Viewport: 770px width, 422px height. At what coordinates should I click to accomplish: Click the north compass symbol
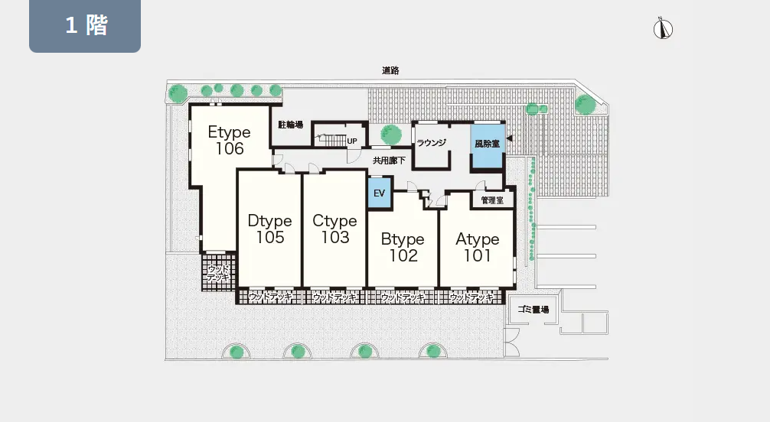pyautogui.click(x=663, y=28)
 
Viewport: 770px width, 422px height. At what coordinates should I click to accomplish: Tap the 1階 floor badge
pyautogui.click(x=85, y=25)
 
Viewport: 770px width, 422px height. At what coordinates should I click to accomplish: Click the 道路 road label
pyautogui.click(x=390, y=70)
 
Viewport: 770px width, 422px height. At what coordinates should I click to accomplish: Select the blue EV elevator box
pyautogui.click(x=379, y=193)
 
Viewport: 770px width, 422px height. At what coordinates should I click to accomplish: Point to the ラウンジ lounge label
pyautogui.click(x=431, y=143)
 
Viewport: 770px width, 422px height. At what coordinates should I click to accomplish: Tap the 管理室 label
pyautogui.click(x=492, y=200)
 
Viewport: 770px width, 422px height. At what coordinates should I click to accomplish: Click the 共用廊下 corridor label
pyautogui.click(x=389, y=161)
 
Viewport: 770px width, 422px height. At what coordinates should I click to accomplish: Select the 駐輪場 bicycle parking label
pyautogui.click(x=290, y=125)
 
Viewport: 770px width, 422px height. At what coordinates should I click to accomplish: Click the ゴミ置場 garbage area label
pyautogui.click(x=533, y=310)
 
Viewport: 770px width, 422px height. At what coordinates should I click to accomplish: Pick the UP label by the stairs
pyautogui.click(x=352, y=141)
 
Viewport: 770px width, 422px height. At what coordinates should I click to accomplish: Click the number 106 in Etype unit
pyautogui.click(x=230, y=148)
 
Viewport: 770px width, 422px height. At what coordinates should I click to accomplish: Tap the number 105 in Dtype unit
pyautogui.click(x=270, y=238)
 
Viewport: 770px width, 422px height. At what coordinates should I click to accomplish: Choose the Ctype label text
pyautogui.click(x=334, y=221)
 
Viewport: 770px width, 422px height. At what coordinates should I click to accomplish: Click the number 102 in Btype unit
pyautogui.click(x=403, y=255)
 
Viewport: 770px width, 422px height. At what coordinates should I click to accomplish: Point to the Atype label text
pyautogui.click(x=478, y=239)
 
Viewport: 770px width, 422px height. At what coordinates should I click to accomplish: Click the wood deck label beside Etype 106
pyautogui.click(x=219, y=274)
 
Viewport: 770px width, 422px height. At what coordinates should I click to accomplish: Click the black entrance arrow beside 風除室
pyautogui.click(x=509, y=138)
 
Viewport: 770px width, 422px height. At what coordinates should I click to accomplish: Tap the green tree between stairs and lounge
pyautogui.click(x=391, y=134)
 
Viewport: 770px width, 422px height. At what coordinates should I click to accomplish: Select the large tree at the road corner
pyautogui.click(x=586, y=104)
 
